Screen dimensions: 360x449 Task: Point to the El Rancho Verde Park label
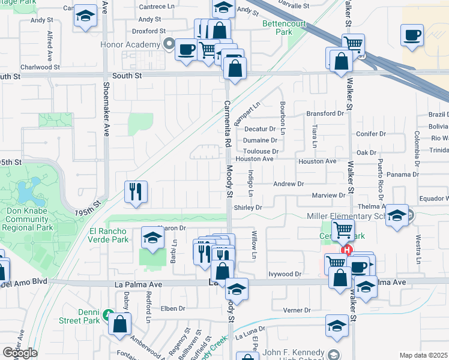coord(109,235)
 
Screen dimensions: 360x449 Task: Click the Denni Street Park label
coord(79,316)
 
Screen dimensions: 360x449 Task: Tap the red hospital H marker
coord(346,250)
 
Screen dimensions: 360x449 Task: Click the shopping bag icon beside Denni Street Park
coord(121,324)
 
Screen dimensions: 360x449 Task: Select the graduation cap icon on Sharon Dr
coord(152,238)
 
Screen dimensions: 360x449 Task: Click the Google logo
coord(19,353)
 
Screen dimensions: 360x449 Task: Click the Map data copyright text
coord(423,355)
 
